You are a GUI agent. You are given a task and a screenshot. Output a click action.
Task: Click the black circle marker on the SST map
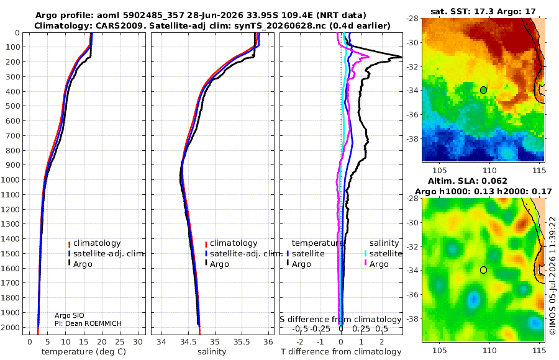[483, 90]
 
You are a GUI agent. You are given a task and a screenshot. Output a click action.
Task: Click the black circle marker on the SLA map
[483, 270]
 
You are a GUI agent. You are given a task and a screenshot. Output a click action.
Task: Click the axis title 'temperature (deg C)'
[84, 351]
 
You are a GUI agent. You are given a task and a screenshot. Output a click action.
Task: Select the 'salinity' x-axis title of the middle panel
[212, 351]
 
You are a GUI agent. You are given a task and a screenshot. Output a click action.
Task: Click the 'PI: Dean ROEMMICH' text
[88, 323]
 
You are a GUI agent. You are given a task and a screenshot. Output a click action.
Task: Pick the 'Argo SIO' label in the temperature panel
[70, 315]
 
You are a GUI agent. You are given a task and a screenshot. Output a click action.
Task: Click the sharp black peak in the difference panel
[401, 56]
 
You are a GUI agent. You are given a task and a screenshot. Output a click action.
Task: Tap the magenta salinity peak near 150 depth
[368, 56]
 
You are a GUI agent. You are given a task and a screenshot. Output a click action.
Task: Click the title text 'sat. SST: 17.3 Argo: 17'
[483, 11]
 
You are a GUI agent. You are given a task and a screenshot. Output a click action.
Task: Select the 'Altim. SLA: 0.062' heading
[467, 181]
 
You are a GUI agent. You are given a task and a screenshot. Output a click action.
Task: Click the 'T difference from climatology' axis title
[341, 351]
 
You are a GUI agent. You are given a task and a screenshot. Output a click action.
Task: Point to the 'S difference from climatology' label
[340, 319]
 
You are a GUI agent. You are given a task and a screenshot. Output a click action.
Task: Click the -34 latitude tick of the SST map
[413, 91]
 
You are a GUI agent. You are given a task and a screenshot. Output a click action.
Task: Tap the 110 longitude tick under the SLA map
[489, 350]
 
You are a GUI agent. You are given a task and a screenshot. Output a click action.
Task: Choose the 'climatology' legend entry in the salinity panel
[232, 243]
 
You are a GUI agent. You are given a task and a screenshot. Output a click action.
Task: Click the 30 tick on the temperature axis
[138, 341]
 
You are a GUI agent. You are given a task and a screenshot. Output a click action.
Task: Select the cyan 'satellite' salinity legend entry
[383, 253]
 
